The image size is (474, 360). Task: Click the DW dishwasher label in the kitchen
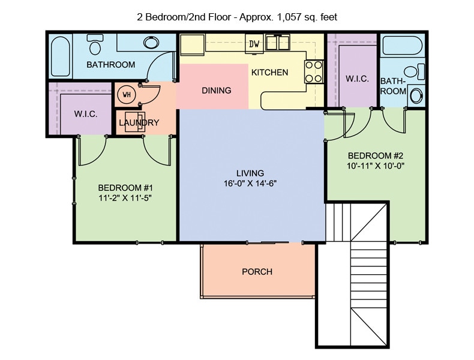pos(254,44)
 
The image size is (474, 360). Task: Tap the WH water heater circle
pos(127,94)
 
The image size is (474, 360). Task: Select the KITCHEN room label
pos(269,73)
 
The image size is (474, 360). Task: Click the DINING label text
pos(216,91)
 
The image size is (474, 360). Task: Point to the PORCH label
pos(257,272)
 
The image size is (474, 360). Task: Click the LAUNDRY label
pos(139,123)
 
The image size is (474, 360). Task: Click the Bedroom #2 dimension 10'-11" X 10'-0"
pos(376,166)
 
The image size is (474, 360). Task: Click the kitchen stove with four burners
pos(314,71)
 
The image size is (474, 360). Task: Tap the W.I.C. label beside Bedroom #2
pos(356,79)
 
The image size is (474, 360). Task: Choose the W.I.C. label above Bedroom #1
pos(85,114)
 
